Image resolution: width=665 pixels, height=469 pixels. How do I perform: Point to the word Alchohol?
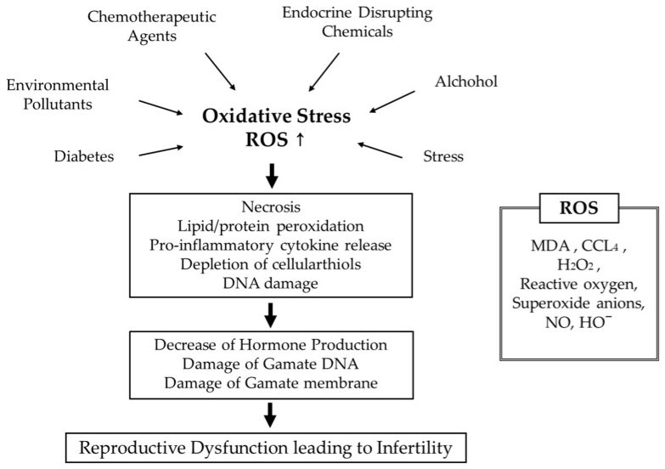[466, 82]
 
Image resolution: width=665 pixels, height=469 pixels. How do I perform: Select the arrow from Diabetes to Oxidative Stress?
[161, 150]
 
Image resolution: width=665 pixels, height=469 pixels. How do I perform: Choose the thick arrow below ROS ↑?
[272, 174]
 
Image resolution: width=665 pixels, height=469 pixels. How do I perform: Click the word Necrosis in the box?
[271, 206]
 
